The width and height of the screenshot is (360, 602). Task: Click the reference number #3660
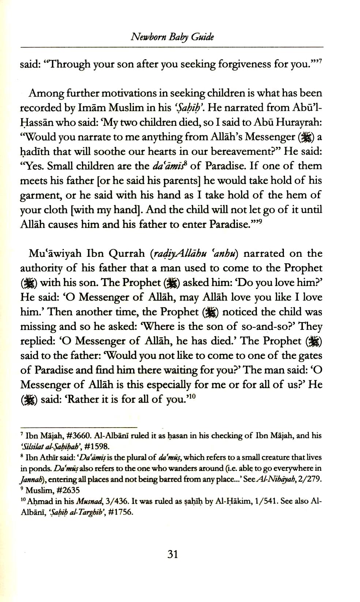74,436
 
